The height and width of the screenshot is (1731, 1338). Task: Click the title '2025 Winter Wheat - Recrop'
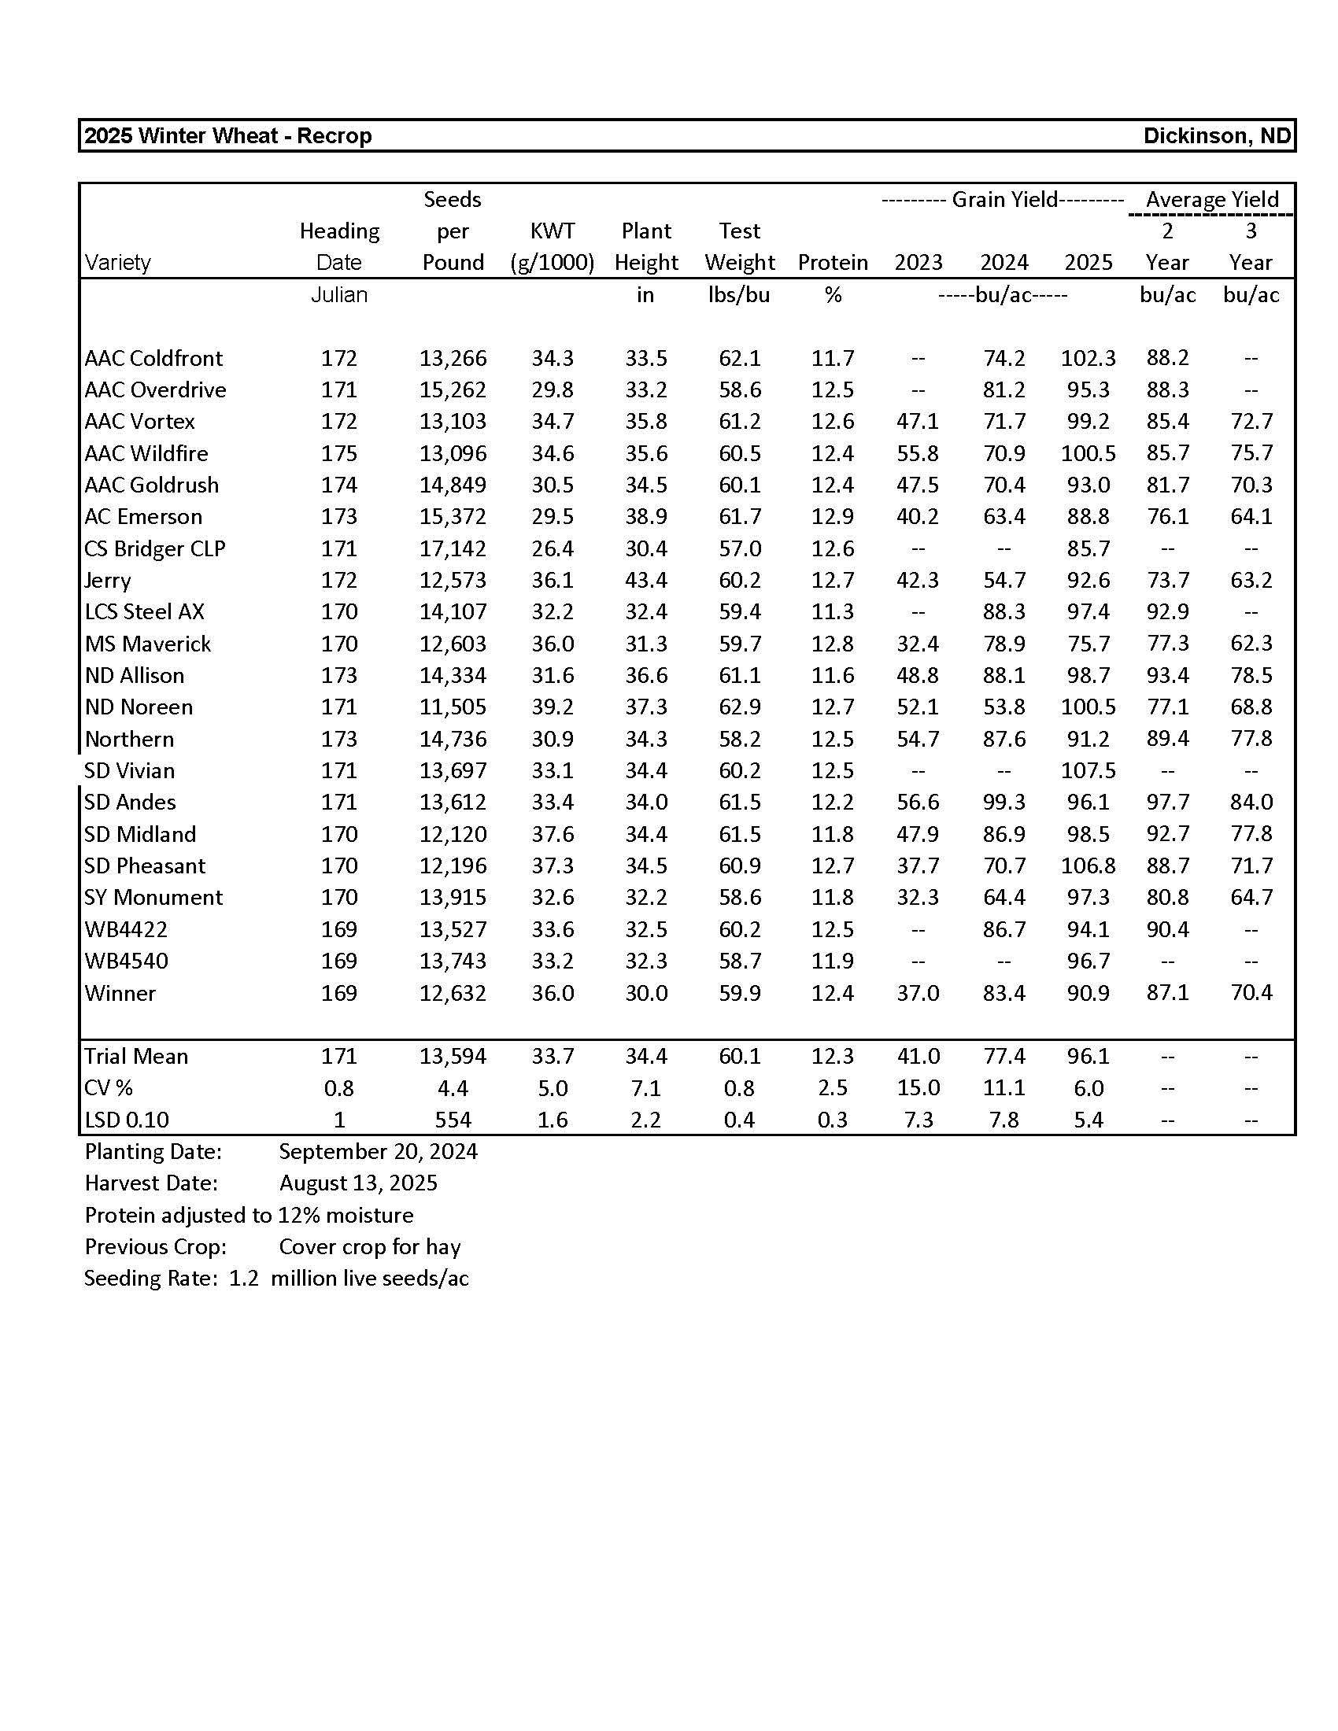point(228,136)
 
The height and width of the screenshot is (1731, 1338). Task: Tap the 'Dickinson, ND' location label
point(1217,136)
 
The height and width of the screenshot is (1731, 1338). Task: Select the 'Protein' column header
point(832,262)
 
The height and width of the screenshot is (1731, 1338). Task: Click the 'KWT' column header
point(553,231)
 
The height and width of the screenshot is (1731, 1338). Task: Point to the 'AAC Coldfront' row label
point(153,358)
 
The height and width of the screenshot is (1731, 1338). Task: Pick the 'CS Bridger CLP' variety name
point(154,548)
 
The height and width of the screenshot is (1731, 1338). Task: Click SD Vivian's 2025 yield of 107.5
point(1088,770)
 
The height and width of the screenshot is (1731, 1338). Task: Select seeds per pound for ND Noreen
point(453,707)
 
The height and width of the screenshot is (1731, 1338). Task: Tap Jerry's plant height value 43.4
point(646,580)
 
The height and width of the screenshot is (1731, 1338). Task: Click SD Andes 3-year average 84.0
point(1251,802)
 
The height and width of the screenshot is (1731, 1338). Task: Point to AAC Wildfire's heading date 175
point(339,453)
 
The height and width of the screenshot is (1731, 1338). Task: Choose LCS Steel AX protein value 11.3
point(832,612)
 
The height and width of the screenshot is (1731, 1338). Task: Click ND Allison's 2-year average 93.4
point(1166,675)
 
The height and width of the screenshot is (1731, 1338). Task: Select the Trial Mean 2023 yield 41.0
point(918,1057)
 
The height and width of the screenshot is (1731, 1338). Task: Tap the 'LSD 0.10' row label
point(127,1120)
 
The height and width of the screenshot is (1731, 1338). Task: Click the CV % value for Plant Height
point(646,1088)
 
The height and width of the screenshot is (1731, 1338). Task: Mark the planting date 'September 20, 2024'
point(378,1152)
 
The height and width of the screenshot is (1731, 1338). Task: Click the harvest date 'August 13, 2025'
point(358,1183)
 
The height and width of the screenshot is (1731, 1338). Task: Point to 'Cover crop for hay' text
point(369,1247)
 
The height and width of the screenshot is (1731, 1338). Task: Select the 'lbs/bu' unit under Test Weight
point(739,295)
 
